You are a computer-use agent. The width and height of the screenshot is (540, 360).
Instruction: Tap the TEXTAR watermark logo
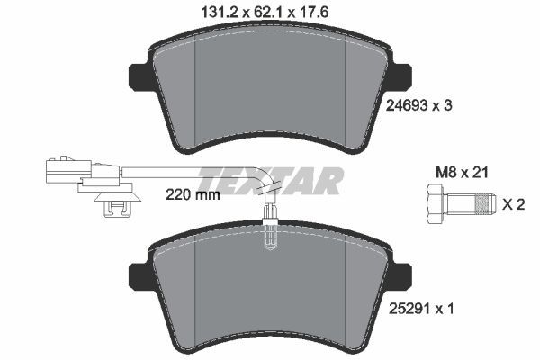click(x=270, y=179)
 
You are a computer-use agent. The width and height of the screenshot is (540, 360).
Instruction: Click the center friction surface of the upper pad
click(x=270, y=90)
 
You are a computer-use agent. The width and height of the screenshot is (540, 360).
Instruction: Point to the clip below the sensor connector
click(x=112, y=207)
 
